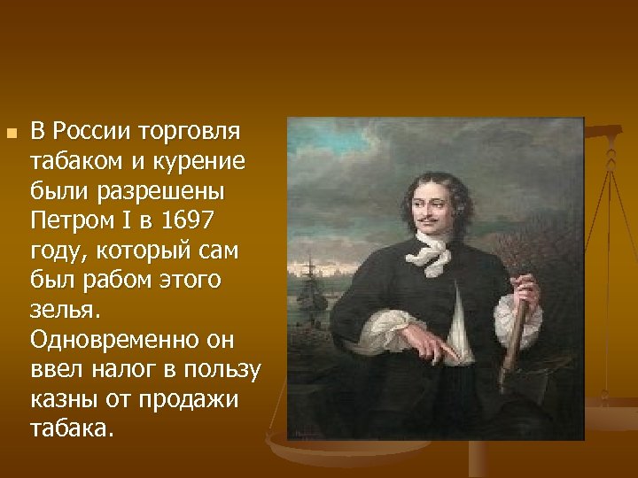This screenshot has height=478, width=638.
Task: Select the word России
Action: pos(89,133)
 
